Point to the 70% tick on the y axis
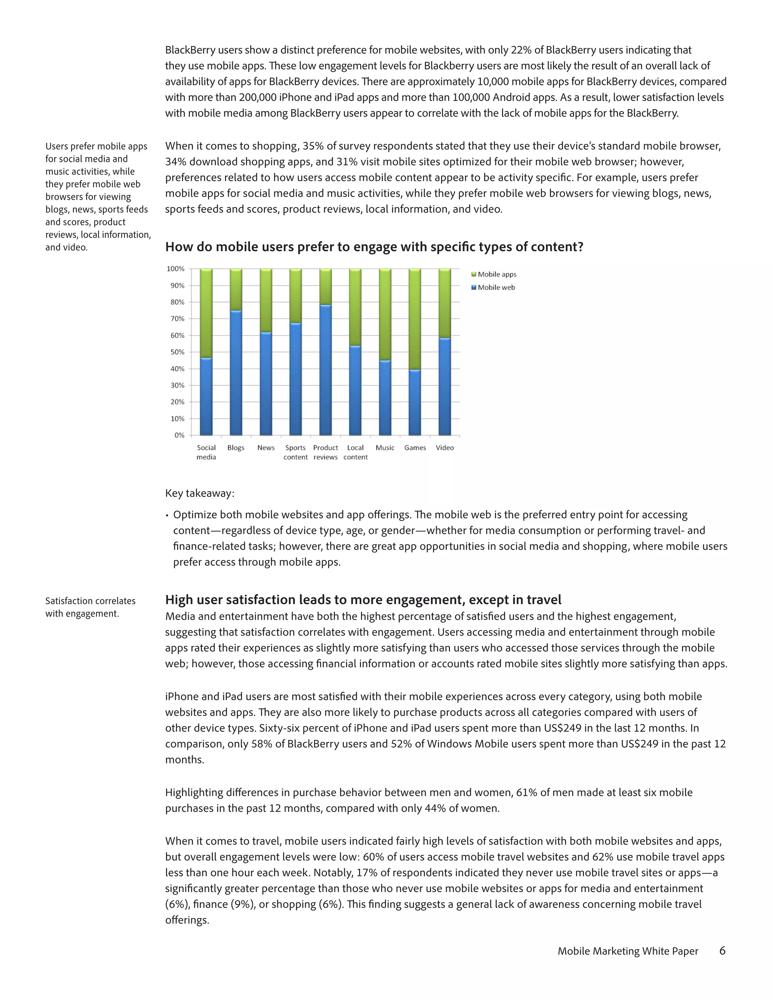(x=176, y=319)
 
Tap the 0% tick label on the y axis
(x=179, y=435)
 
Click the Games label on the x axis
(x=415, y=448)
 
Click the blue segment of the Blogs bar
(x=236, y=373)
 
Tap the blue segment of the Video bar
(x=445, y=387)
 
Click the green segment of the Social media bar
(x=206, y=313)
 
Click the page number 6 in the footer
(x=722, y=951)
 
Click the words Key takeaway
(x=200, y=494)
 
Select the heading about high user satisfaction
(x=363, y=600)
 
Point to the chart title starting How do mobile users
(x=374, y=247)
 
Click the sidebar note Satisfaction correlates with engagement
(x=90, y=607)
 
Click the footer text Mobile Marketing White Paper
(x=628, y=951)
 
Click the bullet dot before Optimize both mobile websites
(x=167, y=515)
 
